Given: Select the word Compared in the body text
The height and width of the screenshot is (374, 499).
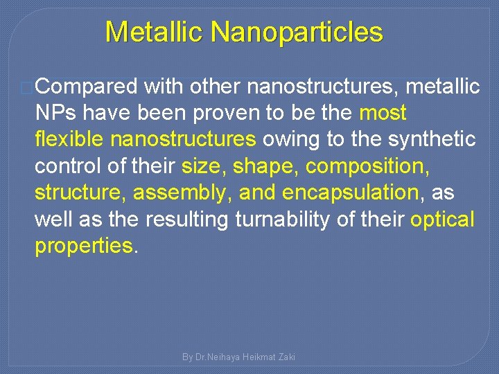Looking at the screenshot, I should tap(87, 87).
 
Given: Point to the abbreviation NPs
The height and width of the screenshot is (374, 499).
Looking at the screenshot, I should tap(58, 113).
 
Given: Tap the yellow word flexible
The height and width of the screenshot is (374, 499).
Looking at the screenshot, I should tap(69, 140).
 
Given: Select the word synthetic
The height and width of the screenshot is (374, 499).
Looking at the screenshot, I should tap(433, 140).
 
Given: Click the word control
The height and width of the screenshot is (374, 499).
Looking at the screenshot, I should tap(70, 167).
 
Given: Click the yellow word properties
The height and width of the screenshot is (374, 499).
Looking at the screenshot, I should tap(83, 247).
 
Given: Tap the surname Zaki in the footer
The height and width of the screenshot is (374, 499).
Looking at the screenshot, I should tap(286, 357).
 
